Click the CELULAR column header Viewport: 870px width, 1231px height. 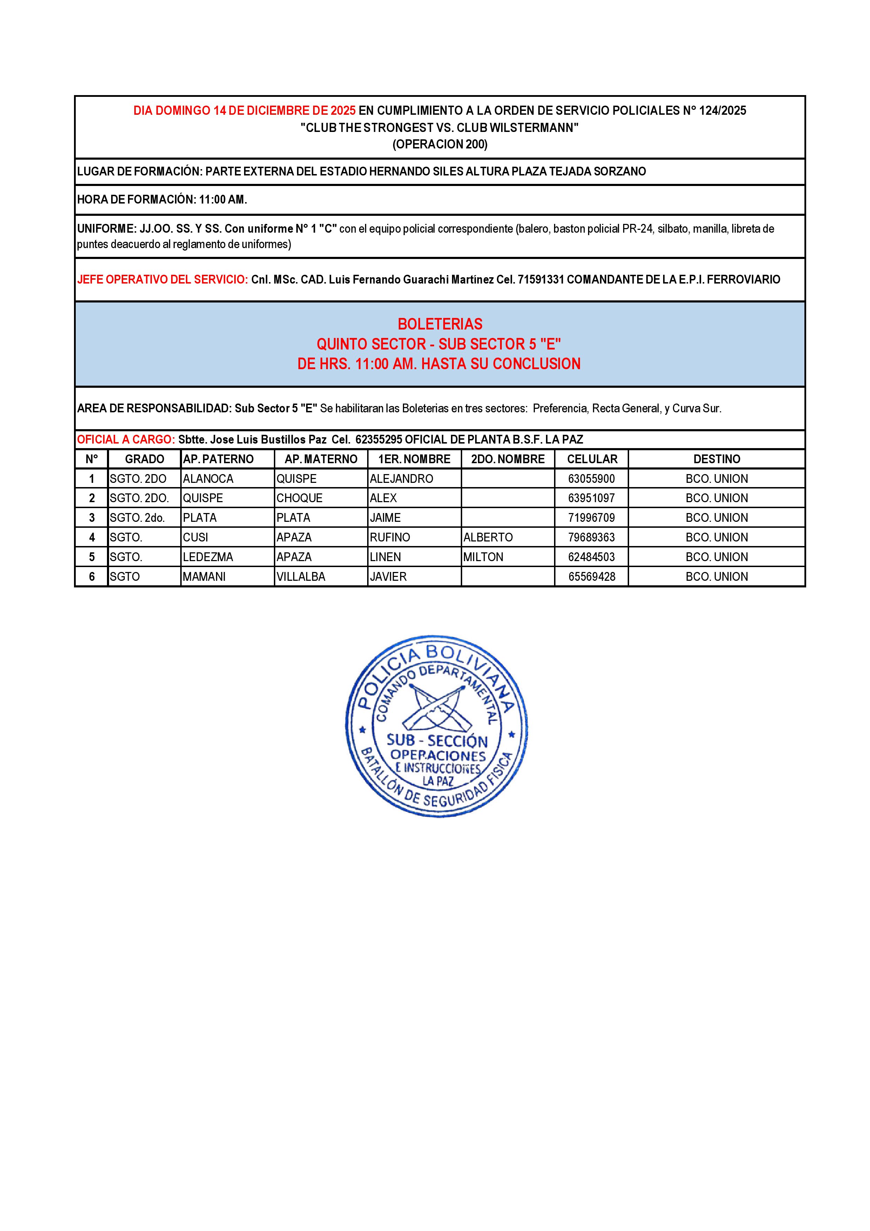pyautogui.click(x=592, y=459)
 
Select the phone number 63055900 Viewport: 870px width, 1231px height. pyautogui.click(x=592, y=479)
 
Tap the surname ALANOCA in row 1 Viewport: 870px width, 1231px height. pyautogui.click(x=208, y=479)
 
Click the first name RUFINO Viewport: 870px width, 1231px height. pyautogui.click(x=390, y=537)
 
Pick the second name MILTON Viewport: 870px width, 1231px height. pyautogui.click(x=483, y=557)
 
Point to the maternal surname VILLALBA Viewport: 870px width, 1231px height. pyautogui.click(x=301, y=577)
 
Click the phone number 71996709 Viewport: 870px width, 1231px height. pyautogui.click(x=592, y=518)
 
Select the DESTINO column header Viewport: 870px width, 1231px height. pyautogui.click(x=716, y=459)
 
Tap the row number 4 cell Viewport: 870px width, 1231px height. pyautogui.click(x=92, y=537)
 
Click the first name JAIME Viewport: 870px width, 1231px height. pyautogui.click(x=385, y=518)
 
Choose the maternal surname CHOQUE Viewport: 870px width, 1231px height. pyautogui.click(x=299, y=498)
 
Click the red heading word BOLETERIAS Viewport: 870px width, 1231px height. pyautogui.click(x=440, y=324)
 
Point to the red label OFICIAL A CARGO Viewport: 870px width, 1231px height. pyautogui.click(x=125, y=440)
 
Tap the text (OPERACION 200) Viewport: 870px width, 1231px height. pyautogui.click(x=440, y=144)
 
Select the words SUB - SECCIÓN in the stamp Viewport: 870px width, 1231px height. pyautogui.click(x=437, y=741)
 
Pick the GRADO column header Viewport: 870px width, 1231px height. pyautogui.click(x=144, y=459)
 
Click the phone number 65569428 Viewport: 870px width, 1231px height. pyautogui.click(x=592, y=577)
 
